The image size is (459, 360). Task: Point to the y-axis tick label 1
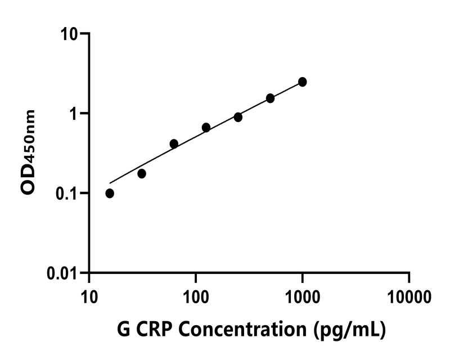pos(75,113)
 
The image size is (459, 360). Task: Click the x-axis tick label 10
pos(89,295)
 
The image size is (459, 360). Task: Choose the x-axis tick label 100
pos(196,295)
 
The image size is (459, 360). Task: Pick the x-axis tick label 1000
pos(303,295)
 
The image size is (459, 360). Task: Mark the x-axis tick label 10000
pos(409,295)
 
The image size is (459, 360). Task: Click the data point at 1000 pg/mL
pos(303,82)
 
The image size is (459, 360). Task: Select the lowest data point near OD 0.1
pos(110,193)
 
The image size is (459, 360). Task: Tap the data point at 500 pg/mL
pos(271,98)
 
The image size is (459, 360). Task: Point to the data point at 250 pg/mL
pos(238,117)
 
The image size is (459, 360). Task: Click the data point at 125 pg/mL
pos(206,128)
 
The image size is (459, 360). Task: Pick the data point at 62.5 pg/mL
pos(174,144)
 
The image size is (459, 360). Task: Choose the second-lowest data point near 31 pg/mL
pos(142,174)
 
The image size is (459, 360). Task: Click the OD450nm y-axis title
pos(28,152)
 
